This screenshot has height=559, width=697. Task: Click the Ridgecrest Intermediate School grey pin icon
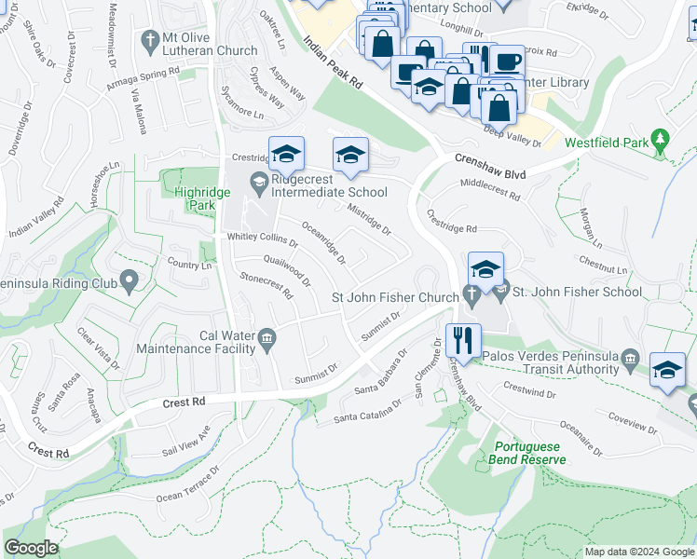click(x=258, y=180)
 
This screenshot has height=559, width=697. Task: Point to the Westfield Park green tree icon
click(x=662, y=139)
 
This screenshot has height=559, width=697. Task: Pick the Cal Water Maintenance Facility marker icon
click(x=267, y=338)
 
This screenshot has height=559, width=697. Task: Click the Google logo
click(x=31, y=548)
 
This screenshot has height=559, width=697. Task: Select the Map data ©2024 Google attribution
click(x=638, y=552)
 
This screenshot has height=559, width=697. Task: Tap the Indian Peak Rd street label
click(x=333, y=62)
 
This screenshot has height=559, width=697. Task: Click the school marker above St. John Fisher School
click(x=485, y=269)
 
